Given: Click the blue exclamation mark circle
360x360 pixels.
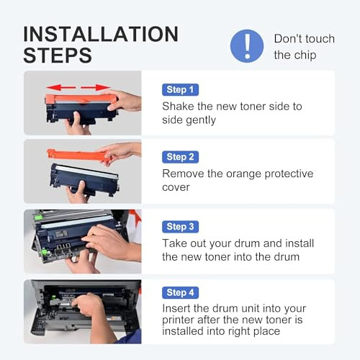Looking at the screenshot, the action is [247, 46].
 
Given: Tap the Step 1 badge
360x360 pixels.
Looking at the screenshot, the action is [180, 90].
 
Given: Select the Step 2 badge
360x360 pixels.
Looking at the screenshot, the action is [180, 157].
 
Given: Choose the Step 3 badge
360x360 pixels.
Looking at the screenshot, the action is [180, 227].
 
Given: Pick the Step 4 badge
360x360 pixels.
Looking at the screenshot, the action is [180, 292].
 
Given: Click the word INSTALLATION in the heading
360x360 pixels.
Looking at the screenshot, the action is [101, 34].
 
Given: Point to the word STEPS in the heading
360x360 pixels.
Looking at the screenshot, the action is [58, 55].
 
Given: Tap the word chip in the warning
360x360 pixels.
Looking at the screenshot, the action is [305, 55].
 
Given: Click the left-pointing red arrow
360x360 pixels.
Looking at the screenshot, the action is [61, 87].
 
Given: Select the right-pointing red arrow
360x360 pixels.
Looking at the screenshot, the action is [96, 87].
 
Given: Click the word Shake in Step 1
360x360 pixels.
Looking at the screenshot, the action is [178, 106].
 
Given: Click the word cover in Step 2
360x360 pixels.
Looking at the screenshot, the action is [176, 187].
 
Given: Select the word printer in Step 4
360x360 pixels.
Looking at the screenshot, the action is [178, 320].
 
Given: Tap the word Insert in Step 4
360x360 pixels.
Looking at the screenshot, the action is [176, 308].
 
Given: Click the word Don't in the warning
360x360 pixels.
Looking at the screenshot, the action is [287, 39].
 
